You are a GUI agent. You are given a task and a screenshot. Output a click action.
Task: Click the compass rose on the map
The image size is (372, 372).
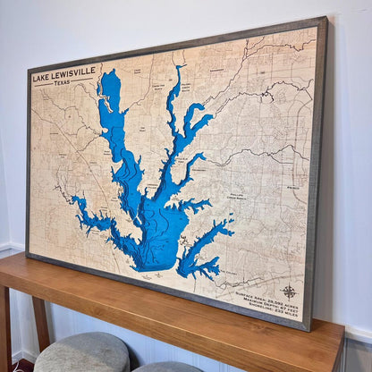[289, 291]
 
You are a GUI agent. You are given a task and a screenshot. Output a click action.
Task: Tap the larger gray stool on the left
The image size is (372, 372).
[81, 352]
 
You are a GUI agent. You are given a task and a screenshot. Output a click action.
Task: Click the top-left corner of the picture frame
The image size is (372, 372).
[28, 69]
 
